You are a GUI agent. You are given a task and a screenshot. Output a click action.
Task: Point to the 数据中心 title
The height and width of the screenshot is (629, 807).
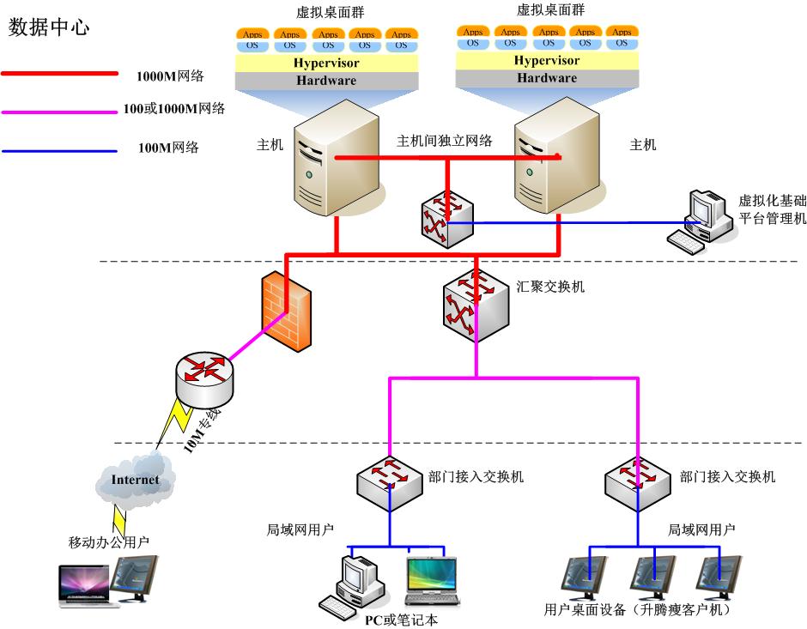click(49, 27)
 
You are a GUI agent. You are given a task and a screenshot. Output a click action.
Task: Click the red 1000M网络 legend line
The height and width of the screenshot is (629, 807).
click(59, 75)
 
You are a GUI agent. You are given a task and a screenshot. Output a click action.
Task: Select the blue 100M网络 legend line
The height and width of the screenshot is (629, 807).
click(59, 151)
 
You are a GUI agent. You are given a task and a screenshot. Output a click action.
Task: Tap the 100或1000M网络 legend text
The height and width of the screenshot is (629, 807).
click(181, 108)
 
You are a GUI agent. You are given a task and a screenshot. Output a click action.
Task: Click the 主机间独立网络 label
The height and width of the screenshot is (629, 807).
click(444, 141)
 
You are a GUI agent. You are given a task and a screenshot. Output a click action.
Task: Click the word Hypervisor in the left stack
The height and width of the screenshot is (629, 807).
click(326, 64)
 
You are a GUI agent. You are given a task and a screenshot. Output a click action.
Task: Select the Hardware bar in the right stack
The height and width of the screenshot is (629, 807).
click(547, 78)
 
